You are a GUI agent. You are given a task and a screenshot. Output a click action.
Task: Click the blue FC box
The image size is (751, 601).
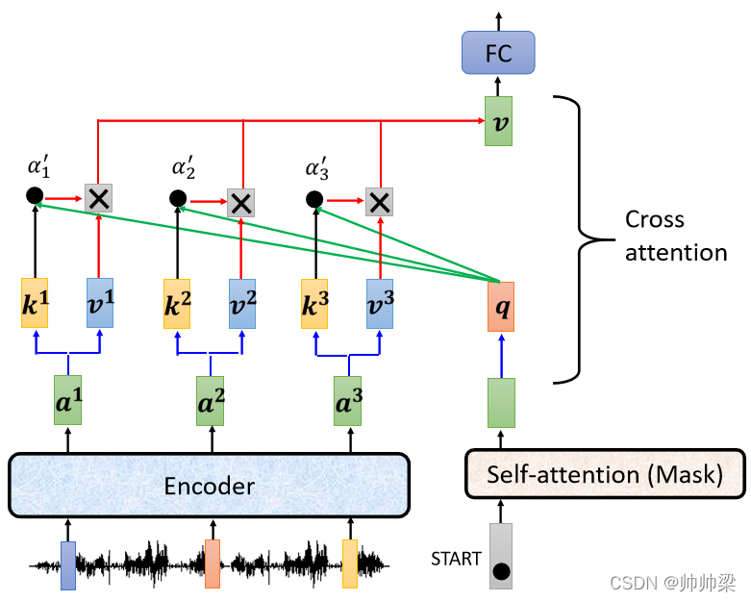[498, 53]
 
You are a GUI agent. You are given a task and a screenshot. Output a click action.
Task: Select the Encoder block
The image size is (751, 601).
[209, 485]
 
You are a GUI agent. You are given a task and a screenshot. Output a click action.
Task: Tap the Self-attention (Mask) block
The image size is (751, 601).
[606, 474]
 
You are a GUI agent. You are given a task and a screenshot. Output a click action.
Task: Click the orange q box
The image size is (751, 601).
[501, 307]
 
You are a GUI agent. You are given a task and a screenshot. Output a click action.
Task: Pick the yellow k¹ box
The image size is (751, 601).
[35, 303]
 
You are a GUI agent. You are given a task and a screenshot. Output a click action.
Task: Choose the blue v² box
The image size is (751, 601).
[242, 304]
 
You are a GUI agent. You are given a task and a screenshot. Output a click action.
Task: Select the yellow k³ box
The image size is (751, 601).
[314, 304]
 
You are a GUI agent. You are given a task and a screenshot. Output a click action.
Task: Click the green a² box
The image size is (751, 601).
[211, 401]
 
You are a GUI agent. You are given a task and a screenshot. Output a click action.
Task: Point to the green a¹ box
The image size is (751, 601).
[68, 400]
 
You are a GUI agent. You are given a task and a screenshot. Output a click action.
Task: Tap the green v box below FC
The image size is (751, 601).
[499, 121]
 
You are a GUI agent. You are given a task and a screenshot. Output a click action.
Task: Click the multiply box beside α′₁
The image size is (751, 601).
[99, 198]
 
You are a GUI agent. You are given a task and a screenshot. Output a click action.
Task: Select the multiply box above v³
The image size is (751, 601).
[379, 202]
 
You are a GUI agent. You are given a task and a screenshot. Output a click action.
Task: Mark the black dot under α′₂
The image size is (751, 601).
[178, 198]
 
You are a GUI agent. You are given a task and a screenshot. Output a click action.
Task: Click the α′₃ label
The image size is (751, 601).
[317, 168]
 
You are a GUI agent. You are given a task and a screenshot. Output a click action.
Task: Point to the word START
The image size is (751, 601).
[456, 559]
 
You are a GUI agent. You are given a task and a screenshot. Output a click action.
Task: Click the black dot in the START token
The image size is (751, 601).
[501, 571]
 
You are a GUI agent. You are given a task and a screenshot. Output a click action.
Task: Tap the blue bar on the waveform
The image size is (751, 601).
[68, 565]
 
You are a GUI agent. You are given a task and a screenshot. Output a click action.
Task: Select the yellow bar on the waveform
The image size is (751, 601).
[350, 564]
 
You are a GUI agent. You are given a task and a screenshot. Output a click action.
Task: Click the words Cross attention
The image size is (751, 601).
[676, 237]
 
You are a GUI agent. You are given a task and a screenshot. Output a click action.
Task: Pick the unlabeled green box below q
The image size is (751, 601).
[501, 403]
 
